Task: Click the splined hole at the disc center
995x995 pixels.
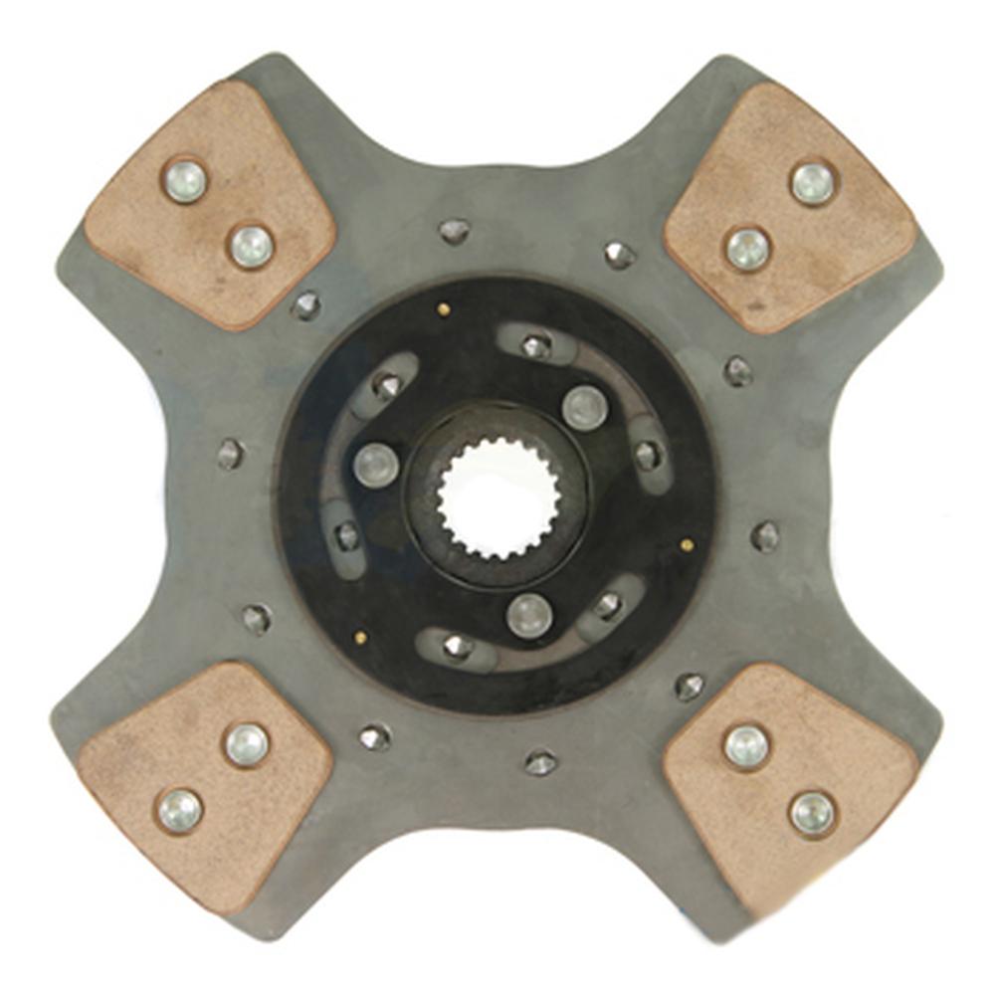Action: (497, 497)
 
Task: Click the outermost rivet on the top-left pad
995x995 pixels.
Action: (184, 181)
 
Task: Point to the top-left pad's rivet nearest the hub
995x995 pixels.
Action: (252, 246)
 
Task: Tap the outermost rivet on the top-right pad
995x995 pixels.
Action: (813, 183)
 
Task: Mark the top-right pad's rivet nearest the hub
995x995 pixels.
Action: (747, 248)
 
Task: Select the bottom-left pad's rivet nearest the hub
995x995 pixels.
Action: (247, 744)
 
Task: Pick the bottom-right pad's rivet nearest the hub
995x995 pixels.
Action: (746, 745)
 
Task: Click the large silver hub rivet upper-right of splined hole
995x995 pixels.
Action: (584, 407)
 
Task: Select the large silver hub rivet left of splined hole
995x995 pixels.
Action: (376, 465)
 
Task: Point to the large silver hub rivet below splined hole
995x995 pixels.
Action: (529, 616)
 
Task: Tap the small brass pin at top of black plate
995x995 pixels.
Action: (444, 309)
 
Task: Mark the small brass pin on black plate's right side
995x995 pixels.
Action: (687, 545)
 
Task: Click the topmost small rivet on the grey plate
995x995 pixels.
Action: (454, 231)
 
